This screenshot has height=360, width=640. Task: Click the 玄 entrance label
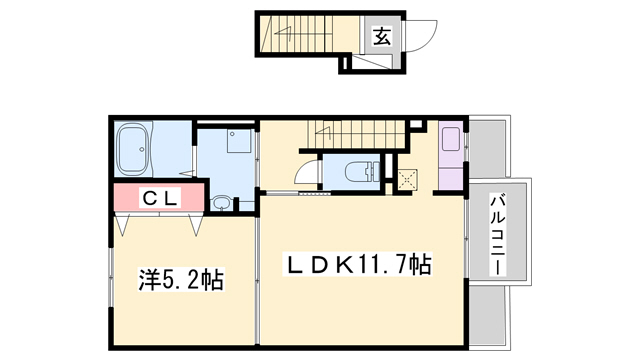pos(381,37)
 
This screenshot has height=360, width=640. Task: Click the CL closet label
pos(159,198)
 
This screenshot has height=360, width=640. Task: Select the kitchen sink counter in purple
pos(451,155)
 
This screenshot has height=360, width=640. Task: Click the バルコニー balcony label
pos(496,237)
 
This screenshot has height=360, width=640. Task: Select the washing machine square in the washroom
pos(238,142)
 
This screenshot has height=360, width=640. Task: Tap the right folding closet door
pos(192,223)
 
